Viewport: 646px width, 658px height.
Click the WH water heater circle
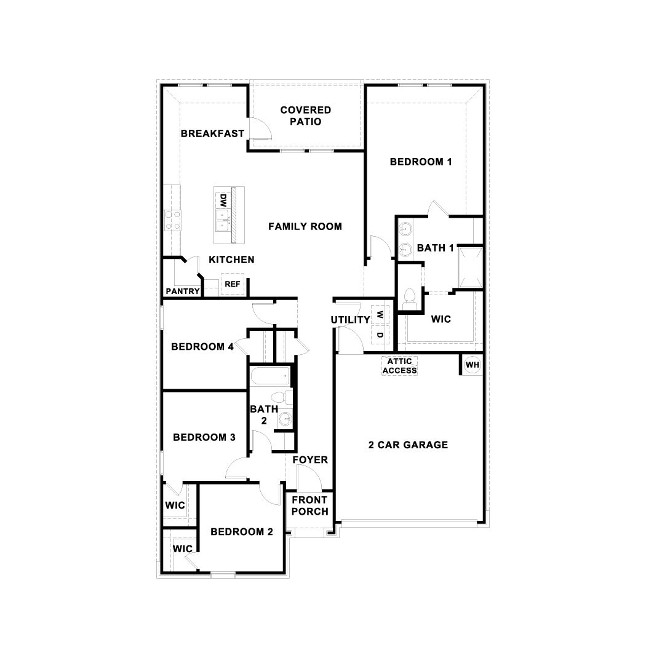pos(472,365)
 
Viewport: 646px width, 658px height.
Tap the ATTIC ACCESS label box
pos(400,366)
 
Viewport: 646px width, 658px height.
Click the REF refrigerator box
pos(232,283)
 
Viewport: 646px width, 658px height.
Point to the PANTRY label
pos(183,291)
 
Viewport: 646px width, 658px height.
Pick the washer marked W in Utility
pos(380,314)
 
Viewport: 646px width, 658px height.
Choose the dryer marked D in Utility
pos(380,335)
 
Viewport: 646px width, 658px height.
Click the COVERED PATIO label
pos(305,116)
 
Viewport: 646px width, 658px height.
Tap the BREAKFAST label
pos(212,133)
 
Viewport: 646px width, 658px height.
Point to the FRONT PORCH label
pos(309,505)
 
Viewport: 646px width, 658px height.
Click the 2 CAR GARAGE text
pos(408,445)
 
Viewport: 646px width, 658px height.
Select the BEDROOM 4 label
pos(202,347)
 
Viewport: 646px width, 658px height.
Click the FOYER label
pos(309,460)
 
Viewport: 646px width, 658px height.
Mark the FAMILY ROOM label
pos(305,226)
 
